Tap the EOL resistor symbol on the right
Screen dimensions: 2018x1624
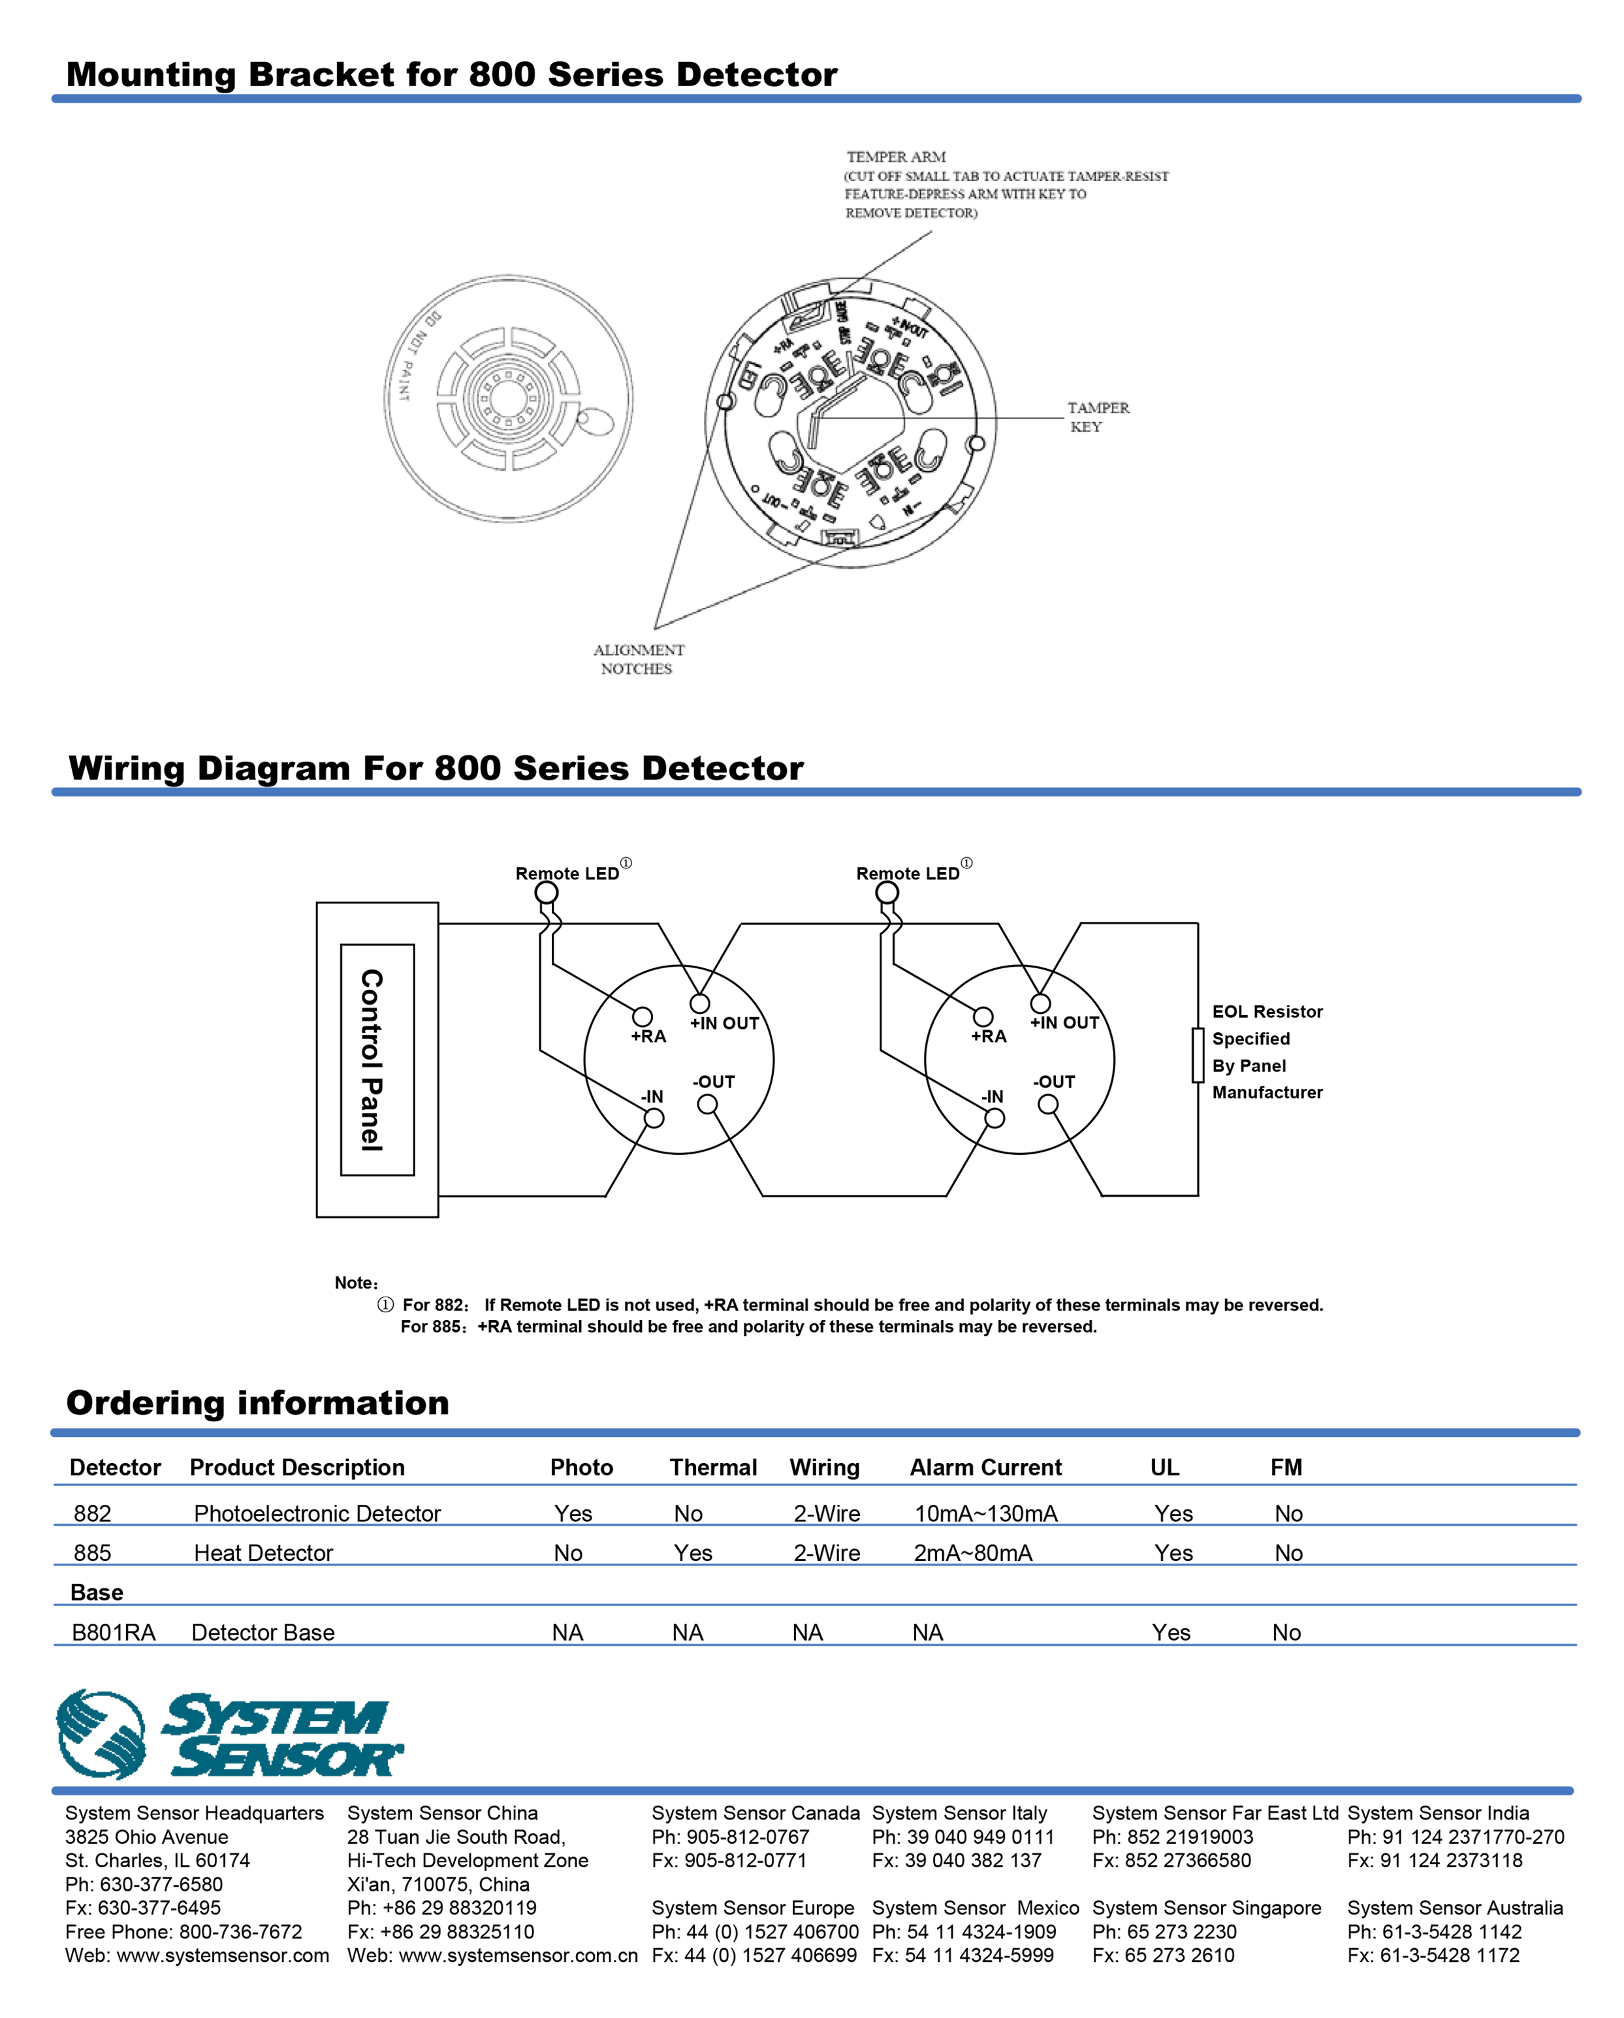coord(1197,1055)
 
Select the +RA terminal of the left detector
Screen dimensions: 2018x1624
coord(642,1017)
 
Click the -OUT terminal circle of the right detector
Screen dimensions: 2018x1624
coord(1048,1105)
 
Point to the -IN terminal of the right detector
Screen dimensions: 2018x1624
coord(995,1118)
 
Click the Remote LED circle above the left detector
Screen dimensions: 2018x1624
coord(547,892)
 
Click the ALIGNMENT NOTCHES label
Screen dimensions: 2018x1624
coord(639,659)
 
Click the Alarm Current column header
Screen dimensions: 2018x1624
coord(985,1467)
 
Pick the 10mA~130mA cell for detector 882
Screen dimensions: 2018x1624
coord(985,1513)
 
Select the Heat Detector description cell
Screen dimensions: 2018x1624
coord(263,1553)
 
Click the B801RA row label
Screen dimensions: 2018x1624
coord(113,1632)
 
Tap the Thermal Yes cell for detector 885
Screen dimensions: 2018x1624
coord(693,1553)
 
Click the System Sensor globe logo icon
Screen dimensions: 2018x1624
coord(101,1735)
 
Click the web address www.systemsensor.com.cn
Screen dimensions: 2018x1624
coord(492,1955)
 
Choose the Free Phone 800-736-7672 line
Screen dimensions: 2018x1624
coord(183,1931)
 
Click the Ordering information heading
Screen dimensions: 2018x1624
coord(257,1403)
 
